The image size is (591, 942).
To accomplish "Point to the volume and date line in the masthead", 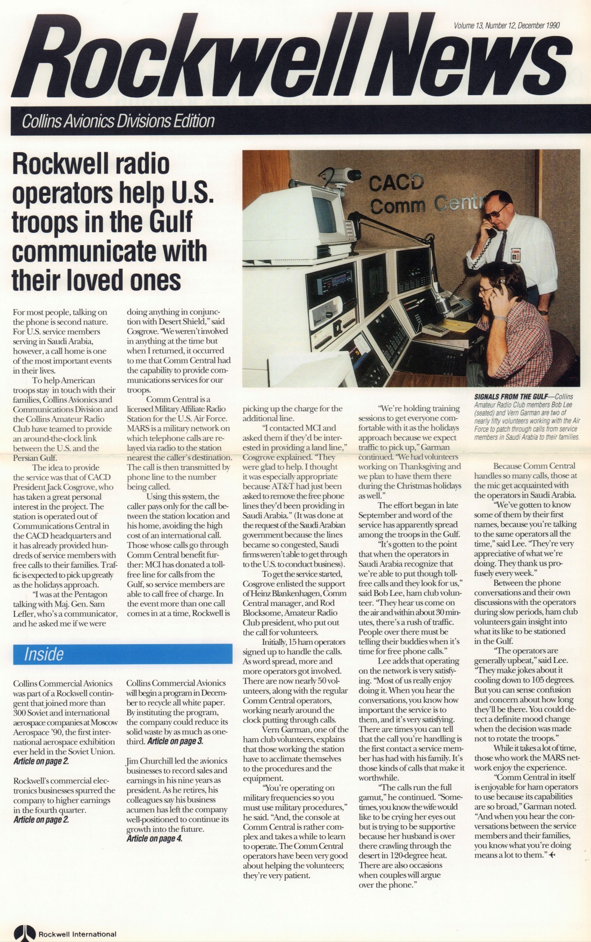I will click(x=507, y=25).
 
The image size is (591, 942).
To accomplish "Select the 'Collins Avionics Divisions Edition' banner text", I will click(x=118, y=122).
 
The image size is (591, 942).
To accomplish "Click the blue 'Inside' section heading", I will click(x=44, y=654).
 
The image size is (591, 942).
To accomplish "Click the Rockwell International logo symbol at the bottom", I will click(x=25, y=933).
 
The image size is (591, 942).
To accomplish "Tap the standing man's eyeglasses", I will click(x=498, y=210).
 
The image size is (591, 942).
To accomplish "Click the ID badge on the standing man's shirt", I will click(x=516, y=255).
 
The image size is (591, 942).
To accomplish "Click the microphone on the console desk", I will click(x=441, y=304).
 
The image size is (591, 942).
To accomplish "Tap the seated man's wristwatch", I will click(x=500, y=318).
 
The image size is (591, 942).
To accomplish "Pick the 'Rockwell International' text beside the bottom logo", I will click(x=77, y=934).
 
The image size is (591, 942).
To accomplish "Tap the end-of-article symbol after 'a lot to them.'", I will click(x=553, y=855).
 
